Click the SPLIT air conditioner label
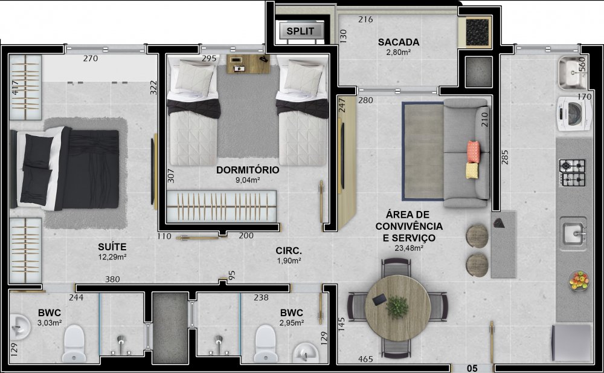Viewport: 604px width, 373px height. pos(300,31)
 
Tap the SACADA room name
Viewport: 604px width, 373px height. pos(398,42)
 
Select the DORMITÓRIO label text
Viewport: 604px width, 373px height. pos(248,170)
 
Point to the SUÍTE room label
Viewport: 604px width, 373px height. pos(112,247)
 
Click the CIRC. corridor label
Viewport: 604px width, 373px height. pos(289,251)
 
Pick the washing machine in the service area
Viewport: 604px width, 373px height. pos(574,114)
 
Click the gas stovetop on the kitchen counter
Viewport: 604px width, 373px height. pos(572,172)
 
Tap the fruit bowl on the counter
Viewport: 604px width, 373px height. pos(579,281)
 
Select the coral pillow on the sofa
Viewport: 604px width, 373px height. pos(474,152)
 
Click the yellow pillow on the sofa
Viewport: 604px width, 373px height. pos(472,170)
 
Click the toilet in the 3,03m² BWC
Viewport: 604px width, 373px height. pos(74,343)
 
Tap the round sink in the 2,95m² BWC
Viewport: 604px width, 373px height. pos(306,352)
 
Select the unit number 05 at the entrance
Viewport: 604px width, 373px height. pos(472,368)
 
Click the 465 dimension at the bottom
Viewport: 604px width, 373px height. pos(365,359)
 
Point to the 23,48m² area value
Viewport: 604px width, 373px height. pos(409,248)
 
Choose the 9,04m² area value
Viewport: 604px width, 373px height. pos(247,180)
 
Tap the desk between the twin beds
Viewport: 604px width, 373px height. pos(248,63)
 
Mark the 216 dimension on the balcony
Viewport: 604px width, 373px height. pos(365,19)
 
